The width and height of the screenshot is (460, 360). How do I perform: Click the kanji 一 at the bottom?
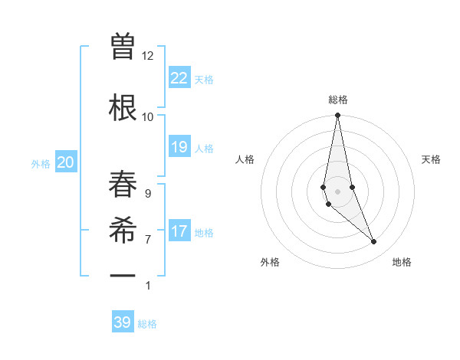(x=123, y=274)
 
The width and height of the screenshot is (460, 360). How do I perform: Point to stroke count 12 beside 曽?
(x=148, y=56)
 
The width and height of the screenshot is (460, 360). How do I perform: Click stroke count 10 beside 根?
(x=148, y=116)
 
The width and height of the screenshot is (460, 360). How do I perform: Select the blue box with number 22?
(x=179, y=77)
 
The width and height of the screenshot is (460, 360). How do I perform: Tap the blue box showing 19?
(x=179, y=147)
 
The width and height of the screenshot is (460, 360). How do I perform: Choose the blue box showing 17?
(x=179, y=231)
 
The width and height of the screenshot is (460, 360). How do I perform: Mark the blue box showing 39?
(x=123, y=322)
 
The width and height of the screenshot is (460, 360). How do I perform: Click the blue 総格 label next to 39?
(x=147, y=324)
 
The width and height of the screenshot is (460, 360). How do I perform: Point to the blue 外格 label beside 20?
(x=41, y=163)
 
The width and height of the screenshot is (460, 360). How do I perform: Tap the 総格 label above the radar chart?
(x=337, y=100)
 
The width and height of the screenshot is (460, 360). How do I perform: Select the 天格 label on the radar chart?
(x=431, y=159)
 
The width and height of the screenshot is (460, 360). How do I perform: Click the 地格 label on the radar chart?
(x=402, y=262)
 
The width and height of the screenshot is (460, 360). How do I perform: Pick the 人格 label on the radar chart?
(x=245, y=159)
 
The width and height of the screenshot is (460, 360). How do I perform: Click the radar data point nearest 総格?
(x=337, y=116)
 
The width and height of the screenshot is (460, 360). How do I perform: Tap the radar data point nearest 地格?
(x=374, y=242)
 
